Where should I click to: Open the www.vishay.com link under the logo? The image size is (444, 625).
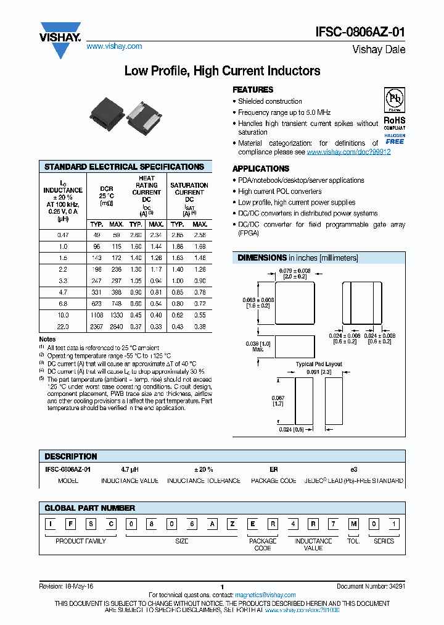pyautogui.click(x=114, y=46)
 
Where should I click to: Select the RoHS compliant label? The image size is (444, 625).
pyautogui.click(x=394, y=123)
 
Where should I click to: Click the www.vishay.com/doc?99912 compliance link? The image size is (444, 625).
pyautogui.click(x=348, y=152)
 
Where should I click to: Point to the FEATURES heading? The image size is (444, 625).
pyautogui.click(x=253, y=90)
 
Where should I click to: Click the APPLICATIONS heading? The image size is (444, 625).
pyautogui.click(x=261, y=169)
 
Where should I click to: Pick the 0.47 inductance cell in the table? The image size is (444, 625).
pyautogui.click(x=63, y=235)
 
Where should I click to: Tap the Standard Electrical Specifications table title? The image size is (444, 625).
pyautogui.click(x=125, y=167)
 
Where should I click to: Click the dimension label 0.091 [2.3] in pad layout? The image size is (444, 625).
pyautogui.click(x=319, y=372)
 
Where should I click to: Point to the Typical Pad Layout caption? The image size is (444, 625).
pyautogui.click(x=319, y=364)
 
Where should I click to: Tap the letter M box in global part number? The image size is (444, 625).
pyautogui.click(x=354, y=524)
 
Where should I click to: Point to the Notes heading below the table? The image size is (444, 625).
pyautogui.click(x=47, y=339)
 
